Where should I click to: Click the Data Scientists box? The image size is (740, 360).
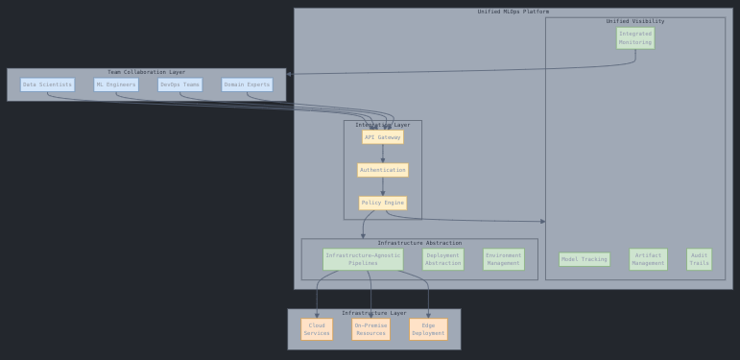click(x=47, y=84)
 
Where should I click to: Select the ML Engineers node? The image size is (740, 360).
click(x=116, y=84)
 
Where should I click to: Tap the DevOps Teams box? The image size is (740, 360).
click(x=179, y=84)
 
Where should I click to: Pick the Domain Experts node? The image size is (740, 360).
click(x=247, y=84)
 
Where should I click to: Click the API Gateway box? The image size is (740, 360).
click(x=382, y=137)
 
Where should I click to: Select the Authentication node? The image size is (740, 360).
click(x=382, y=170)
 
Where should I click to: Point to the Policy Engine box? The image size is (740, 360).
click(x=382, y=203)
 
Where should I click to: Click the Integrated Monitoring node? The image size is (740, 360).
click(x=634, y=37)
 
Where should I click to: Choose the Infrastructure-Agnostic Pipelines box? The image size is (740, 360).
click(x=363, y=259)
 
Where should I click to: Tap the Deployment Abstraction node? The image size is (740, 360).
click(x=442, y=259)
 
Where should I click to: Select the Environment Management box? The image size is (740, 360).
click(x=503, y=259)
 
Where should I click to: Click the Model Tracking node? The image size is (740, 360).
click(x=584, y=259)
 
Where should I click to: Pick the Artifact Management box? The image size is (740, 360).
click(x=648, y=259)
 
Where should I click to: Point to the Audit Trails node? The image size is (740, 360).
click(x=699, y=259)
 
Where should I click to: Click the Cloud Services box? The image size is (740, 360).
click(x=317, y=329)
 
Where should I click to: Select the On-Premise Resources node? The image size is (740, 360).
click(x=370, y=329)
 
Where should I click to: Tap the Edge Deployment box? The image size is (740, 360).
click(x=428, y=329)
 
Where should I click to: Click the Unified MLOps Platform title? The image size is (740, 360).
click(x=513, y=12)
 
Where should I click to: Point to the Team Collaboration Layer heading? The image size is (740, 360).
click(x=146, y=72)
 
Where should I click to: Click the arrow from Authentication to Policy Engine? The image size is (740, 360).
click(x=382, y=186)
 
